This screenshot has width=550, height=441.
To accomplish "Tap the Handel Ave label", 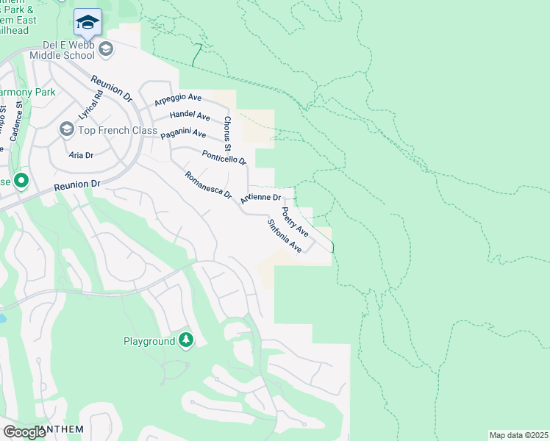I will (190, 115).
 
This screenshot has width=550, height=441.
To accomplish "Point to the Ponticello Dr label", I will (224, 157).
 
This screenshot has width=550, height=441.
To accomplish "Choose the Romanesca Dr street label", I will (208, 187).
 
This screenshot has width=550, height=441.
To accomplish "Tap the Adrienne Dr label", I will (260, 198).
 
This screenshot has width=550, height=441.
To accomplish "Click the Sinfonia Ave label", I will (285, 236).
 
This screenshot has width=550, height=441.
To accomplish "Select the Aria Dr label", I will (81, 155).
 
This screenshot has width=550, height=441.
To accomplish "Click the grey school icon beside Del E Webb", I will (106, 49).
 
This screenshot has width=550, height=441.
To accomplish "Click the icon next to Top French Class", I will (66, 130).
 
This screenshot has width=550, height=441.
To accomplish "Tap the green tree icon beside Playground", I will (187, 340).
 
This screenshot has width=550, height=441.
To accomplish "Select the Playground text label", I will (149, 341).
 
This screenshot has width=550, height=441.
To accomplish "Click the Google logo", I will (25, 432).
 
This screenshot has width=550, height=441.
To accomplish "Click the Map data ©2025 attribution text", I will (518, 435).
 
